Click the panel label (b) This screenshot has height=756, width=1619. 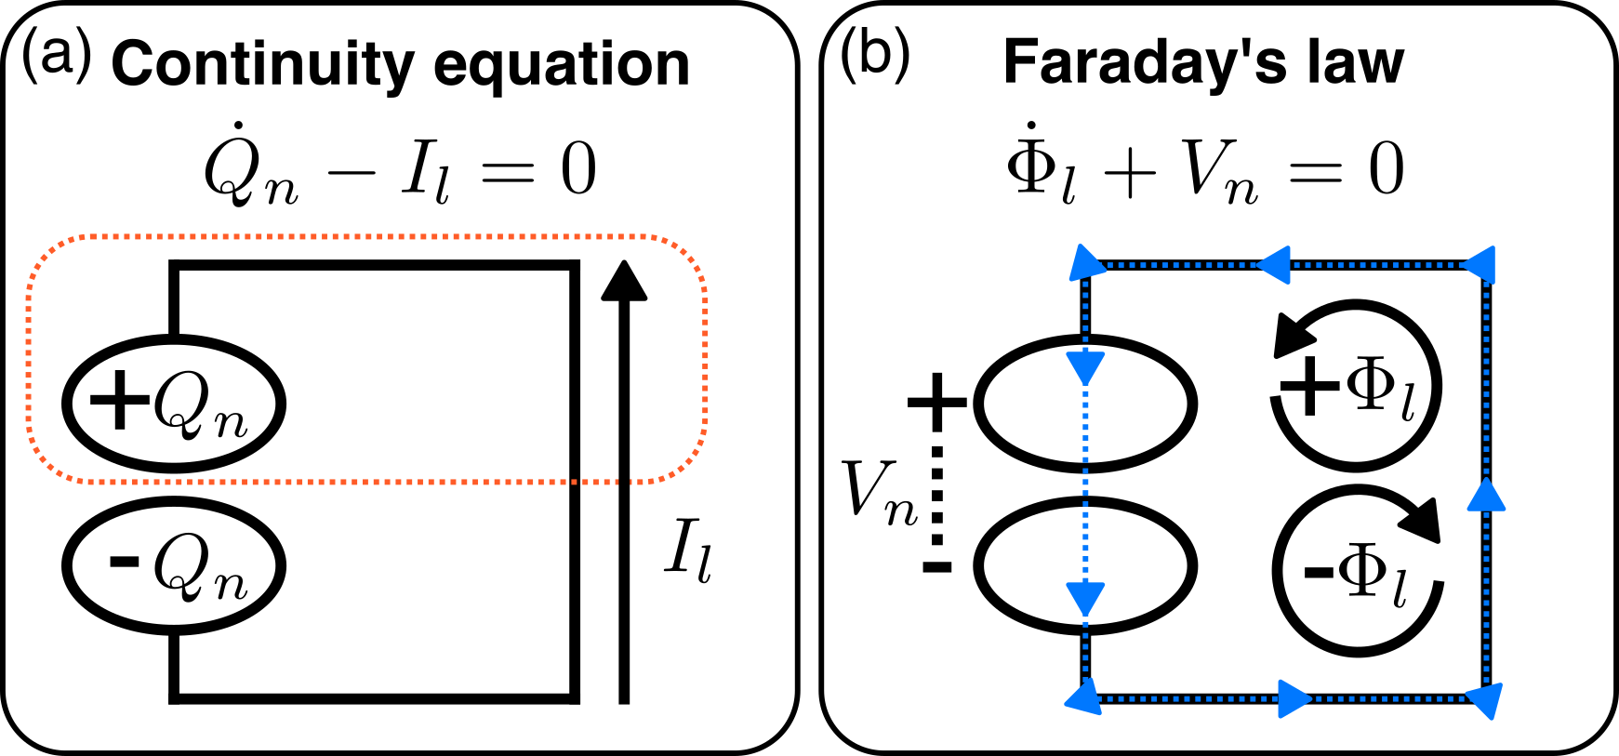point(874,58)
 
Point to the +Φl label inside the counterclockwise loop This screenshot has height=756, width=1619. point(1348,386)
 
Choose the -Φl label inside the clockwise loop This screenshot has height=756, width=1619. point(1358,572)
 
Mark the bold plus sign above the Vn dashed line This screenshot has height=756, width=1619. point(936,402)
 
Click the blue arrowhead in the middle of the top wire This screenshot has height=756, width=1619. point(1274,265)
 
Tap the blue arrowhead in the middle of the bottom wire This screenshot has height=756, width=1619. point(1294,698)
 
